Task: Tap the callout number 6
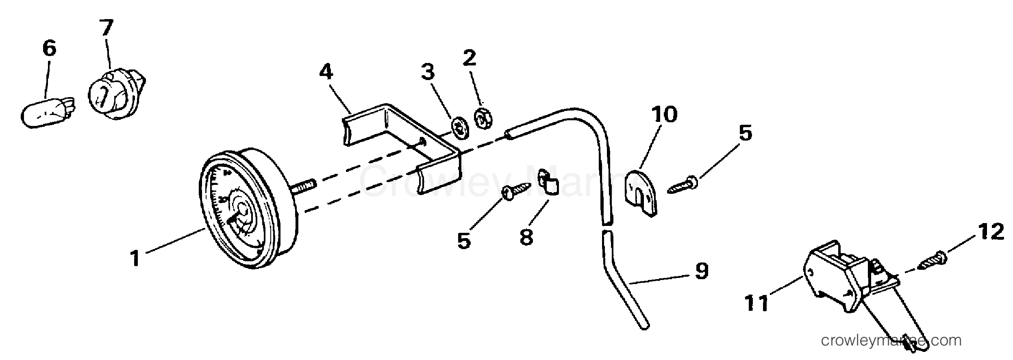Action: tap(49, 48)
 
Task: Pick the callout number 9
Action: tap(702, 271)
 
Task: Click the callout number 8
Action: tap(526, 236)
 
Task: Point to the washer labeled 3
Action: tap(460, 128)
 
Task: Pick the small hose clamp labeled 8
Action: tap(548, 182)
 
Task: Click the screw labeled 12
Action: tap(932, 262)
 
